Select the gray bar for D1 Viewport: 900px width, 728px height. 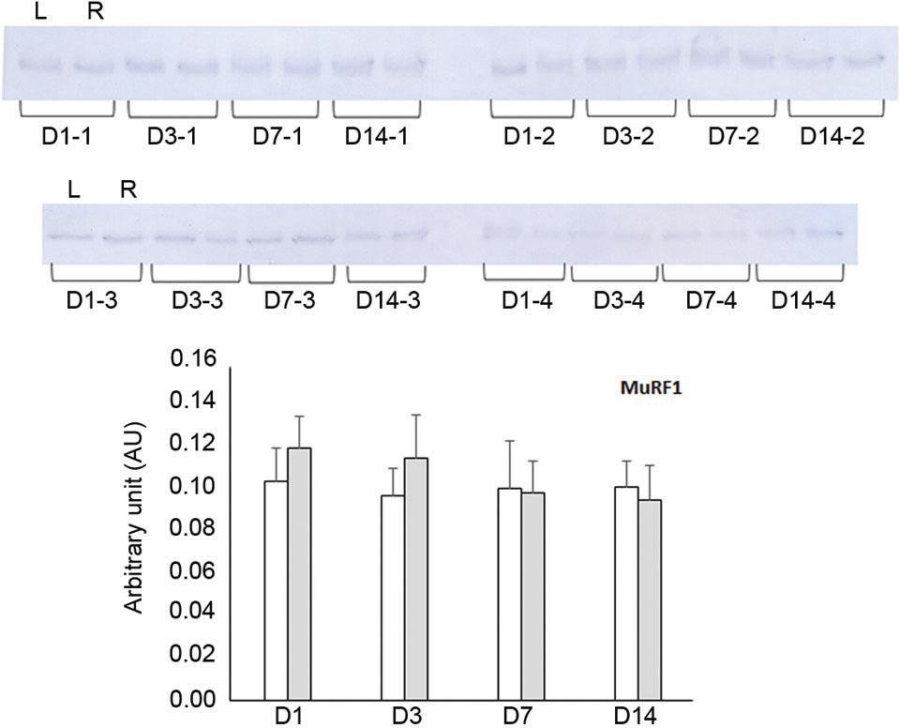(299, 573)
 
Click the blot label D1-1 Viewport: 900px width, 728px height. (66, 135)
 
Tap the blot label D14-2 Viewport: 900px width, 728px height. (831, 135)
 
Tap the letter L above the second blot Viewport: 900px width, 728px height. (75, 190)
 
